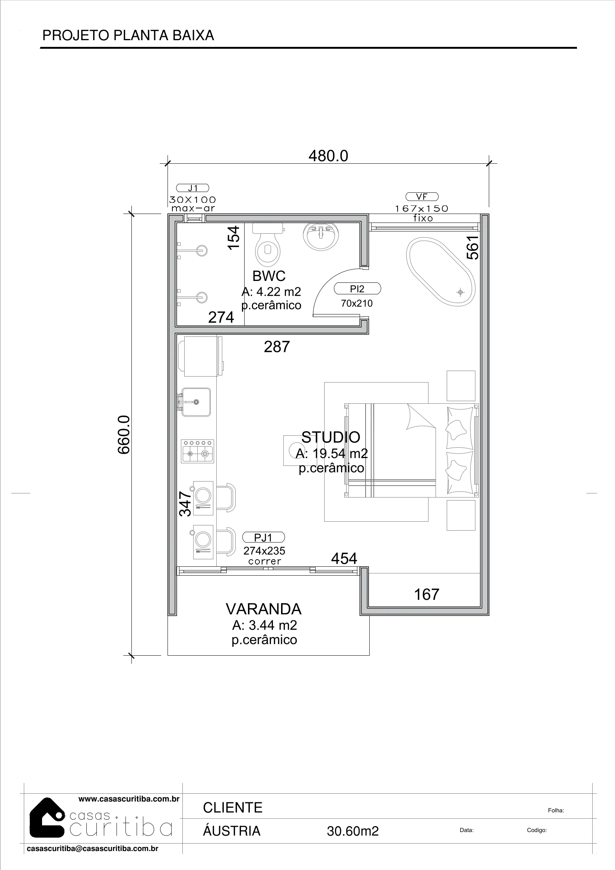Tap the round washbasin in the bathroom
pos(321,236)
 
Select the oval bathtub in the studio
pos(440,272)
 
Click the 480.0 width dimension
pos(328,156)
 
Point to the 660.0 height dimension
pos(124,435)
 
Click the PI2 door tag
pos(357,289)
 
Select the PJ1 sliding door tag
pos(264,537)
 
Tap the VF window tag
pos(422,196)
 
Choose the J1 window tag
pos(192,188)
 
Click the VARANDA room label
pos(264,609)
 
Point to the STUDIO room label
pos(331,437)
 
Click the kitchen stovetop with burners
pos(198,451)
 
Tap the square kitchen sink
pos(196,402)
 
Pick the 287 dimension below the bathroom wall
pos(277,347)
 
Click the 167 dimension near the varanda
pos(427,595)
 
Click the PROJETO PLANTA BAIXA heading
pos(128,35)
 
